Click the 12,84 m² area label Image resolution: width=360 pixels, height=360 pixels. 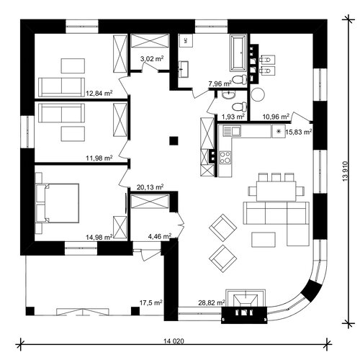pos(99,93)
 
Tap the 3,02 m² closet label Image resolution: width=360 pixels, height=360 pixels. pos(152,58)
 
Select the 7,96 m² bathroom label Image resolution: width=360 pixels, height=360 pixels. pos(220,84)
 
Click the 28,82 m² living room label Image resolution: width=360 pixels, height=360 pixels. pos(212,302)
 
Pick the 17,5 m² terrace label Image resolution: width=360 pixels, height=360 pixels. pos(151,302)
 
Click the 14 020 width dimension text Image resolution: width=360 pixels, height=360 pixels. pos(174,341)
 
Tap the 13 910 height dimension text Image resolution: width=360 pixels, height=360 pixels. pos(345,171)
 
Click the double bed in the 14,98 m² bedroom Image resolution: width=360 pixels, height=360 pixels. pos(57,203)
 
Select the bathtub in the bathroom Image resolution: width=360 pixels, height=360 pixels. pos(238,53)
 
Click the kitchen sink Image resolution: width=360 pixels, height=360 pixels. pos(232,131)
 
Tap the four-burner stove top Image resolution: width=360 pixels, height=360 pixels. pos(225,158)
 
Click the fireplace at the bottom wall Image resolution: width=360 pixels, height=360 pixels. pos(244,307)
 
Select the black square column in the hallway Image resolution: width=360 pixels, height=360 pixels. pos(174,141)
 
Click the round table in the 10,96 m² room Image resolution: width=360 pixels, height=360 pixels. pos(258,94)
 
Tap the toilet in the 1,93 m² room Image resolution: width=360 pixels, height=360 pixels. pos(240,107)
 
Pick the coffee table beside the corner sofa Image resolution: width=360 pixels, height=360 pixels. pos(264,239)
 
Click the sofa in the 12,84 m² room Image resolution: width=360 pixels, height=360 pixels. pos(62,87)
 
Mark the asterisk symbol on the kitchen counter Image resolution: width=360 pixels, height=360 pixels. pos(279,131)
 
